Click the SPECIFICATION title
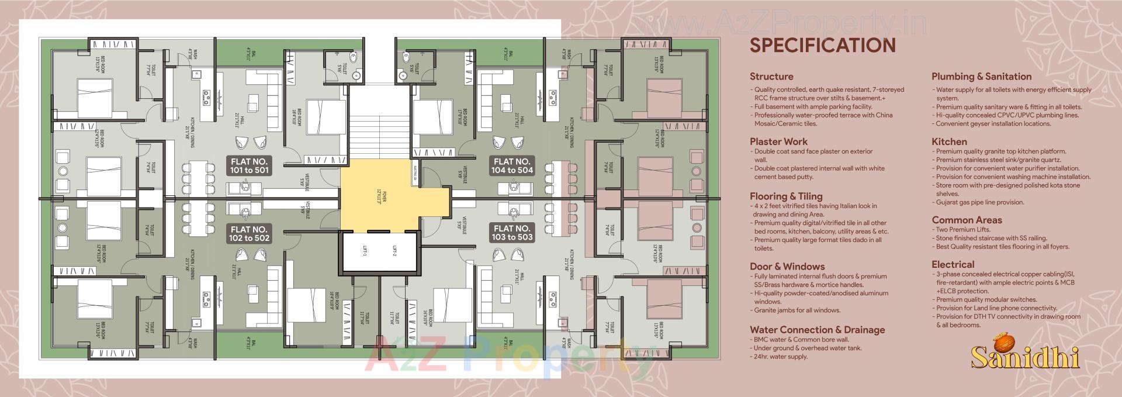click(x=822, y=46)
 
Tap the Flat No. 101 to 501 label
click(x=249, y=165)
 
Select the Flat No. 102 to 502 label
click(x=249, y=233)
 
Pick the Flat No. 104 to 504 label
click(x=512, y=165)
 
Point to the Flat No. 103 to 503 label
click(x=512, y=233)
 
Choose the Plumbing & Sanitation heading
click(x=981, y=77)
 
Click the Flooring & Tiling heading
click(x=785, y=196)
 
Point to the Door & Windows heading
click(x=787, y=267)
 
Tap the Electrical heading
click(x=953, y=264)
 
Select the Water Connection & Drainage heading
click(x=817, y=330)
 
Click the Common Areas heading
click(x=967, y=220)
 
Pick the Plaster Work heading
click(x=778, y=141)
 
